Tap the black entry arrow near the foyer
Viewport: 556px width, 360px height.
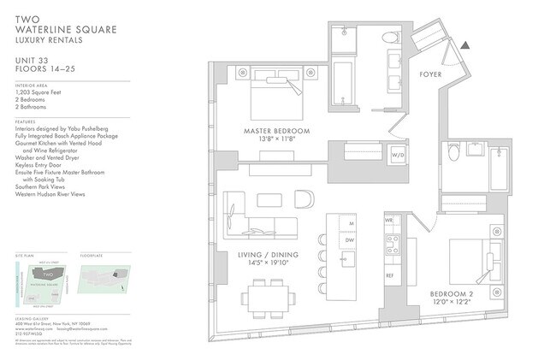coord(464,45)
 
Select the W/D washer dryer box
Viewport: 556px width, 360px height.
coord(398,156)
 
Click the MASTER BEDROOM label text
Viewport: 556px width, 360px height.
coord(275,131)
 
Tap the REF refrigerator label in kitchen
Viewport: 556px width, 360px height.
coord(389,276)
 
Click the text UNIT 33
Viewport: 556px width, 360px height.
coord(31,58)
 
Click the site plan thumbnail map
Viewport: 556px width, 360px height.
coord(43,282)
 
